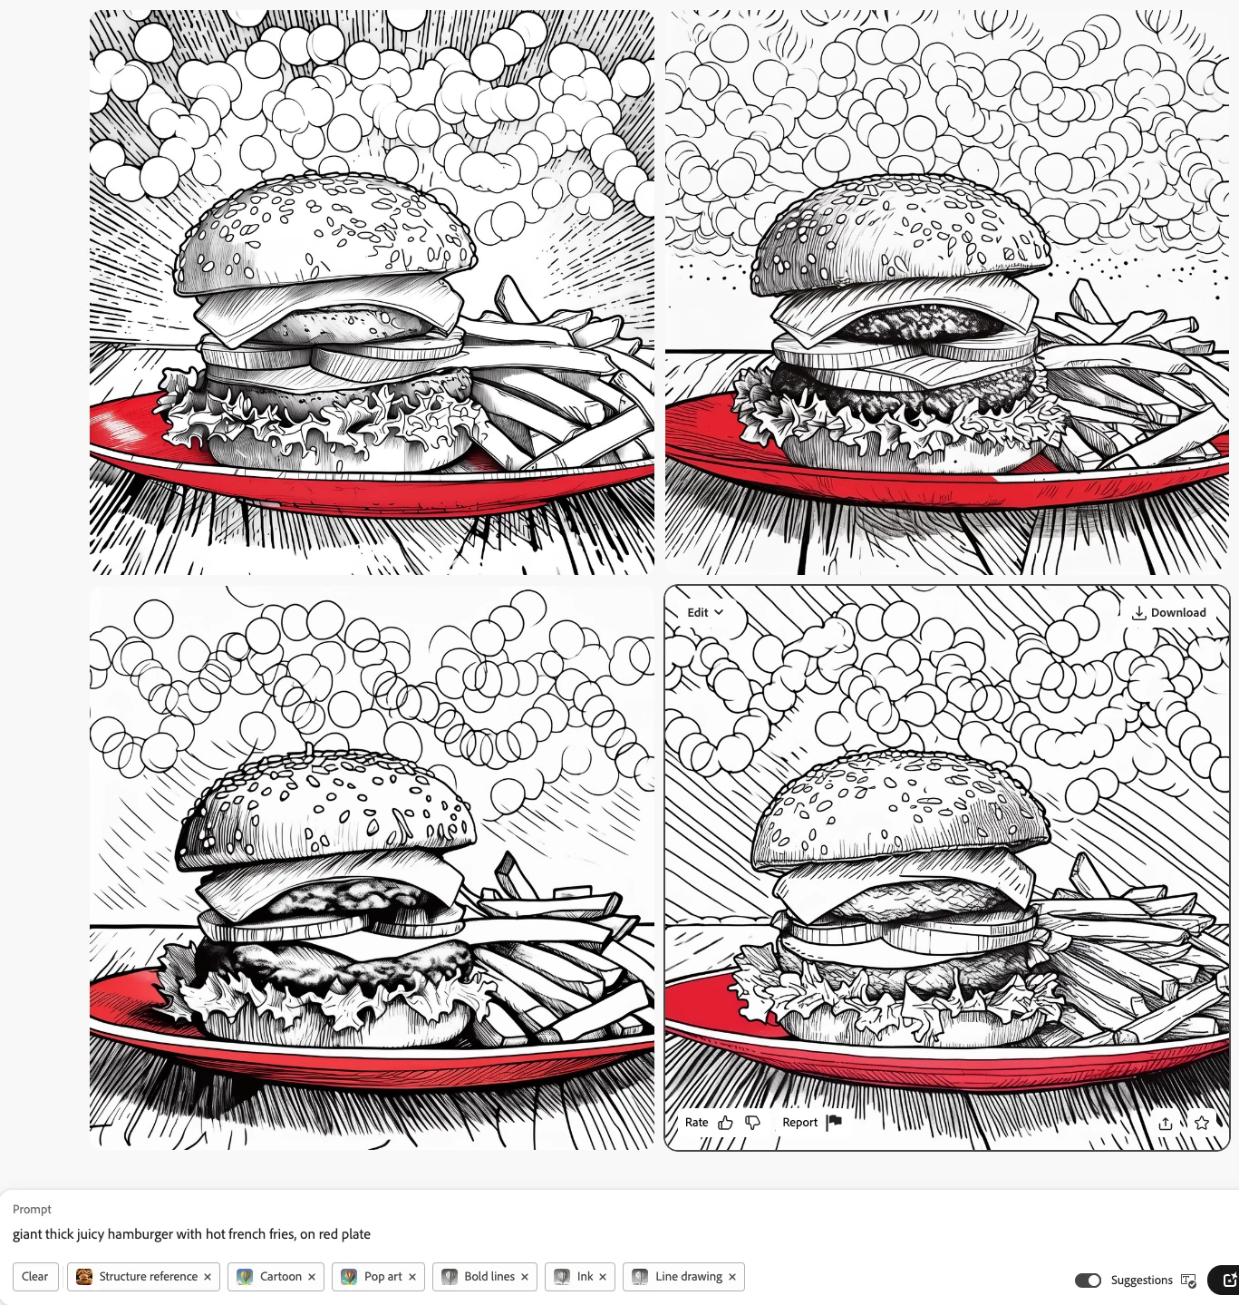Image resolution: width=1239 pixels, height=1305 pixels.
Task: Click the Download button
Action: pos(1168,613)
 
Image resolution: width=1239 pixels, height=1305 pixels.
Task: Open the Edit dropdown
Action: pos(705,613)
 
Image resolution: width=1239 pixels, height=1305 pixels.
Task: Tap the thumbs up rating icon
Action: pos(725,1123)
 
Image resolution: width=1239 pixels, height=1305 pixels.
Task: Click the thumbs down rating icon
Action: pos(752,1123)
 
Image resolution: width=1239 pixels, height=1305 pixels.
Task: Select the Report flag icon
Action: pos(834,1122)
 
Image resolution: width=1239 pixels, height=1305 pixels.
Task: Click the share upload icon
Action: pos(1166,1123)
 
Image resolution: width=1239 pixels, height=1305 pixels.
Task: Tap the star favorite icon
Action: pos(1201,1123)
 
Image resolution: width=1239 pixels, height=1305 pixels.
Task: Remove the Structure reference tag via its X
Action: pos(207,1277)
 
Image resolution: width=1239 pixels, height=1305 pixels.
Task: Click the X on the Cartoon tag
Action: pos(311,1277)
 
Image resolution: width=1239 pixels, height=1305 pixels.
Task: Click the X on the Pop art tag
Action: pos(412,1277)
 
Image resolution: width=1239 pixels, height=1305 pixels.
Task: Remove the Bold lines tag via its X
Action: pos(525,1277)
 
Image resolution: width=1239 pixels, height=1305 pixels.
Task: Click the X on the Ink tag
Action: pos(603,1277)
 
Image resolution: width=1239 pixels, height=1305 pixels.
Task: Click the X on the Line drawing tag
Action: pos(732,1277)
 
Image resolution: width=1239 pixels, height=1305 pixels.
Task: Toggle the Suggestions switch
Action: pos(1088,1281)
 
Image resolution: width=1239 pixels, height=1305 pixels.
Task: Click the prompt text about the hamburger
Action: pos(191,1234)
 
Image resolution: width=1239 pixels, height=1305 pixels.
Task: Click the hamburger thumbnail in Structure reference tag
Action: pos(84,1277)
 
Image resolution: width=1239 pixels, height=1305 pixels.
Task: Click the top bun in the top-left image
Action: pos(325,232)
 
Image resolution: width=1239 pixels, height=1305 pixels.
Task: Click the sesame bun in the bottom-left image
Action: pos(326,810)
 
